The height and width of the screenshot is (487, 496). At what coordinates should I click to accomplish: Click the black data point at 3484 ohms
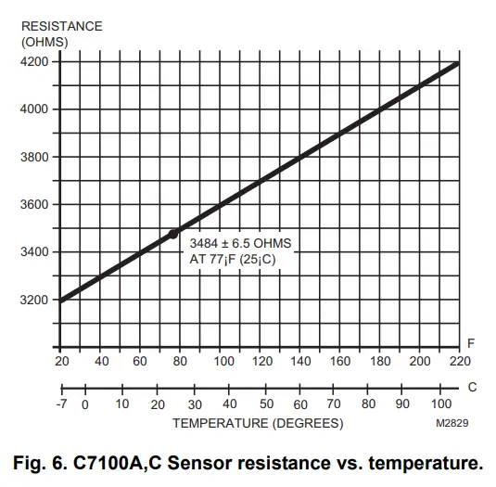pyautogui.click(x=173, y=235)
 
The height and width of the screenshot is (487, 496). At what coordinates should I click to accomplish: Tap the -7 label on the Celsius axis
pyautogui.click(x=61, y=404)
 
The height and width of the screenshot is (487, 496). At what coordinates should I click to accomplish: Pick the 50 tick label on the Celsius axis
pyautogui.click(x=266, y=404)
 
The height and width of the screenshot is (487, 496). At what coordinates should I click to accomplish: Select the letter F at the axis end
pyautogui.click(x=471, y=343)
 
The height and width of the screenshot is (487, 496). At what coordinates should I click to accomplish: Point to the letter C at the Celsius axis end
pyautogui.click(x=472, y=387)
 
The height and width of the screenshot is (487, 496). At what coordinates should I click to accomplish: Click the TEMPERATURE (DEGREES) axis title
pyautogui.click(x=257, y=424)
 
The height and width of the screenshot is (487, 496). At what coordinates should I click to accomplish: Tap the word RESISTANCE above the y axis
pyautogui.click(x=61, y=26)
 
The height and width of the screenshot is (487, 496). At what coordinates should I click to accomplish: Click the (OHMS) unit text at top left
pyautogui.click(x=44, y=42)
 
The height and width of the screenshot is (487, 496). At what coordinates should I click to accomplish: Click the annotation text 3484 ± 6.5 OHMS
pyautogui.click(x=240, y=243)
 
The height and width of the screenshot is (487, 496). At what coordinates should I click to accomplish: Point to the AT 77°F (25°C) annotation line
pyautogui.click(x=233, y=259)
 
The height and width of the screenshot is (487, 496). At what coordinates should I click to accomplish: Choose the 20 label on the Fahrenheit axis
pyautogui.click(x=61, y=361)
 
